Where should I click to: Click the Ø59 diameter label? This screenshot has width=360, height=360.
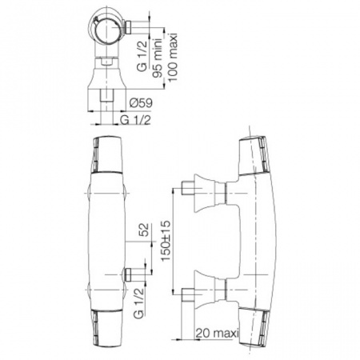(141, 103)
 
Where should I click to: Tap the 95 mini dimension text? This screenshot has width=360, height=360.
(158, 58)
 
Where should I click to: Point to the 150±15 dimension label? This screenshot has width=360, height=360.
(166, 241)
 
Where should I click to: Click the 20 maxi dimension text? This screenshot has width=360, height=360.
(217, 333)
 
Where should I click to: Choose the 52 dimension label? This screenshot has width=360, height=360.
(144, 230)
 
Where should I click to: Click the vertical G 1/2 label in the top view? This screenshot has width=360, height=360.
(142, 56)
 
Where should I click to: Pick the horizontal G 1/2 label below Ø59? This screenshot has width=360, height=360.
(135, 120)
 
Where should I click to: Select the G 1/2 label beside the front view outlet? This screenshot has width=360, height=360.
(138, 303)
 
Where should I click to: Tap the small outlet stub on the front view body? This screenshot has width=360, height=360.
(128, 274)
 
